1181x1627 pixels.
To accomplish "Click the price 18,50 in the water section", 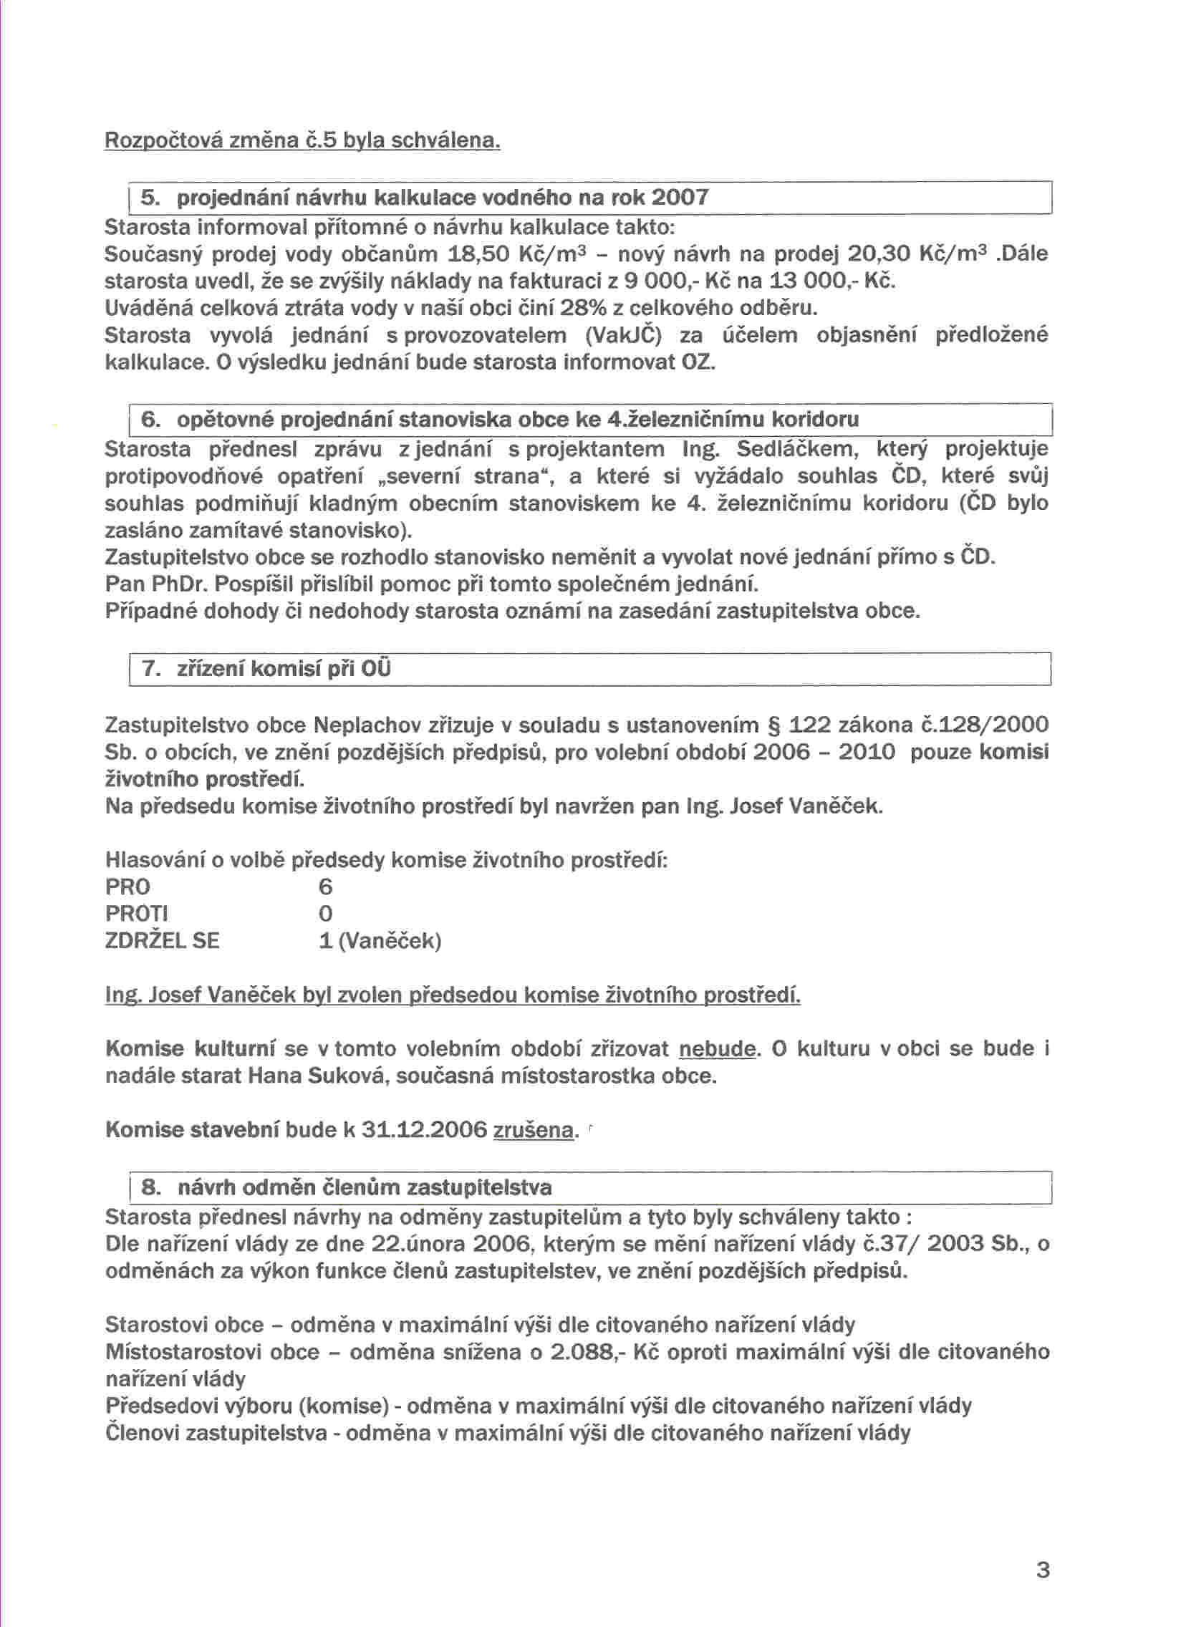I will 478,254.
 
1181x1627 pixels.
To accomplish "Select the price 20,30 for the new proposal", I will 879,254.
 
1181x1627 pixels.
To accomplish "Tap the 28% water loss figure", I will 584,309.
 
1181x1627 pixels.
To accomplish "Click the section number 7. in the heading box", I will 151,669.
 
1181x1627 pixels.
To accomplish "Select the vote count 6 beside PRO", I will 326,887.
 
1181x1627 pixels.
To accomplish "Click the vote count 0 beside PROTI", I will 326,914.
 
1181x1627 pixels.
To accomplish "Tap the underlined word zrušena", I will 534,1131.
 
